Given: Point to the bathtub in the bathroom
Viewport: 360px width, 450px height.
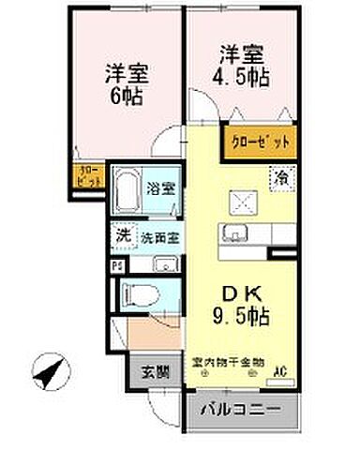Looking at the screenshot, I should (127, 195).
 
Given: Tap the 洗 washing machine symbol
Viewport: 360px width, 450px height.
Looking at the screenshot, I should (123, 236).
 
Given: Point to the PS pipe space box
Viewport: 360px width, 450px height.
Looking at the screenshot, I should (116, 264).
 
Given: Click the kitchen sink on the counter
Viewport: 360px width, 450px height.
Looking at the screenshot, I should (231, 232).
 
